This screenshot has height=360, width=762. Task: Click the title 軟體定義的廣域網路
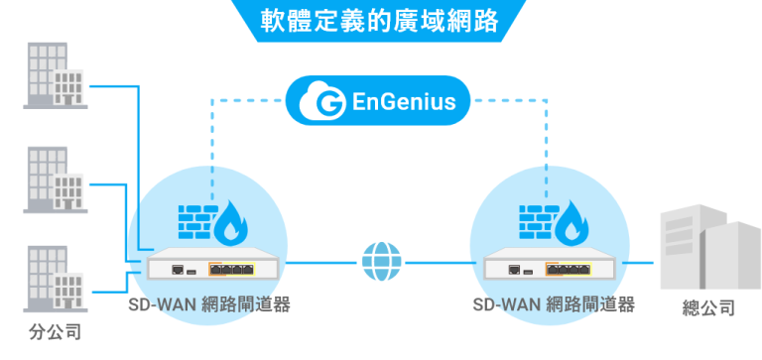379,21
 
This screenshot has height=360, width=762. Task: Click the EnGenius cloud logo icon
326,100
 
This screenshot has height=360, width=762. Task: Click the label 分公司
55,330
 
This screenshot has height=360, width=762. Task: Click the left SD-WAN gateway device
209,266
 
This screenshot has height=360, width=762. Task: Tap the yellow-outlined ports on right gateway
571,268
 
